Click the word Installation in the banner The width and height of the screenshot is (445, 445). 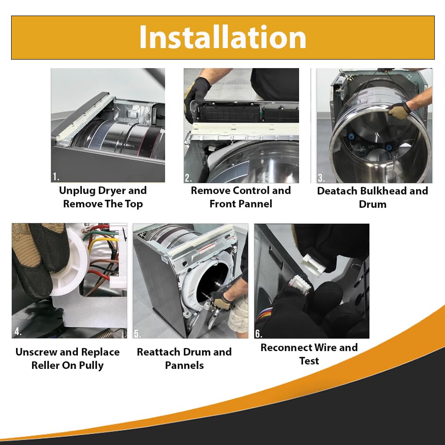coord(222,37)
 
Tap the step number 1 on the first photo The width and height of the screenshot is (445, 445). coord(56,177)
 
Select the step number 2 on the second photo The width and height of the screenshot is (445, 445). coord(188,178)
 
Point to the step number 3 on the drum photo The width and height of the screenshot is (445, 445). coord(321,178)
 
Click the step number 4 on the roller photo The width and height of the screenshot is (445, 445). coord(18,331)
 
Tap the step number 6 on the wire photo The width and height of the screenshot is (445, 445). coord(259,333)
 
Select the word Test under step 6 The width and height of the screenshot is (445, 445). coord(309,361)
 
